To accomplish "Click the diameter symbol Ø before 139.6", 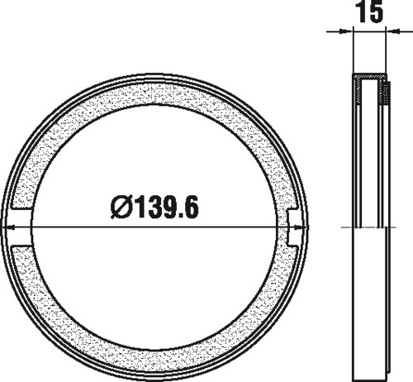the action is click(121, 207).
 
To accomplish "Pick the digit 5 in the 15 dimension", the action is click(375, 12).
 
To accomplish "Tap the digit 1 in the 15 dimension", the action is click(361, 12).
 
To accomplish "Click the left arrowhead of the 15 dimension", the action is click(346, 31).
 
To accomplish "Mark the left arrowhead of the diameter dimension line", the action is click(8, 227).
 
